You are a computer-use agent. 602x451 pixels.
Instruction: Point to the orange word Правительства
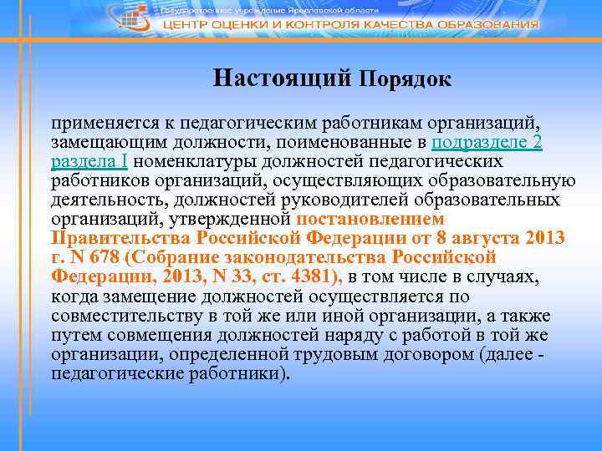pyautogui.click(x=108, y=239)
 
